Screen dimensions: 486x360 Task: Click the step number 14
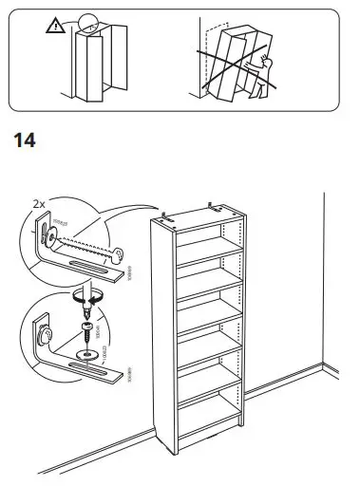(x=23, y=141)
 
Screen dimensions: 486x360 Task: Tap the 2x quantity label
(x=40, y=203)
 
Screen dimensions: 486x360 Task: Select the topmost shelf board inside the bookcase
(x=201, y=244)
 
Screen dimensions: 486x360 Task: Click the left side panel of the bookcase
(x=161, y=342)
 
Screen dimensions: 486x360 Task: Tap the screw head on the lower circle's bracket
(x=43, y=336)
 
